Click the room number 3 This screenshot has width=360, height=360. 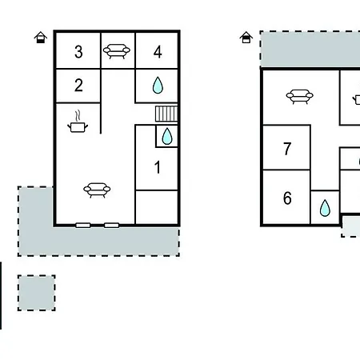(78, 52)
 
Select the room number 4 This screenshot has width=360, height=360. (158, 52)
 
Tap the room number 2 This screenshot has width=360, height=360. (78, 86)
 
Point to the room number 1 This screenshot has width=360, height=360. (158, 167)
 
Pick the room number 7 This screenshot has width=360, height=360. (287, 149)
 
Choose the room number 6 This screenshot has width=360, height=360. (287, 198)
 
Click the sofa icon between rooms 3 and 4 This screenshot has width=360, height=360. (117, 51)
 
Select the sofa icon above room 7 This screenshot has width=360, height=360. (299, 96)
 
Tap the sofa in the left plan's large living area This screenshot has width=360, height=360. (97, 190)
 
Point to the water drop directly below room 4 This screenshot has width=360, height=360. (158, 86)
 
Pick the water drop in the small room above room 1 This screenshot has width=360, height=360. (167, 136)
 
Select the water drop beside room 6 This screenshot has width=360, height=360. (325, 208)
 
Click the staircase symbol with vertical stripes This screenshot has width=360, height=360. (166, 114)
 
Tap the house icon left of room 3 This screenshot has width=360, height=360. (41, 38)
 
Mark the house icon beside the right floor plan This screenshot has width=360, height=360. (246, 38)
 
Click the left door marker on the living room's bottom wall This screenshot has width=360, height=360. (83, 226)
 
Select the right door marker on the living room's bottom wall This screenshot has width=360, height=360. (111, 226)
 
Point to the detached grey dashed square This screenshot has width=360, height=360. (37, 293)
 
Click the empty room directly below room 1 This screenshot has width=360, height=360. (157, 207)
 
